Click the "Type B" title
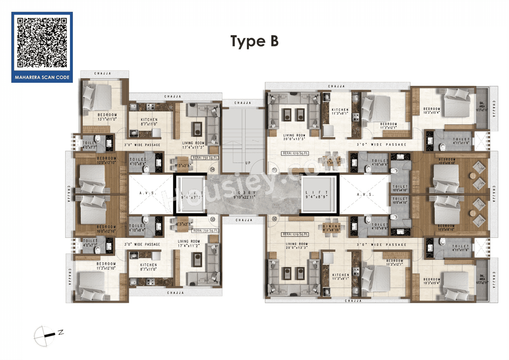[254, 41]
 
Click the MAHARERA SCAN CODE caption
[42, 77]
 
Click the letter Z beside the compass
[61, 333]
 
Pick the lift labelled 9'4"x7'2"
[190, 195]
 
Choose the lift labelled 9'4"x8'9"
[318, 195]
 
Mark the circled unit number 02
[274, 219]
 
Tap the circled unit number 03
[212, 219]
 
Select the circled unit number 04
[212, 170]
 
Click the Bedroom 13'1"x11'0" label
[106, 117]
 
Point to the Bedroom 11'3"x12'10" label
[106, 266]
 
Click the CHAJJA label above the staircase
[242, 103]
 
